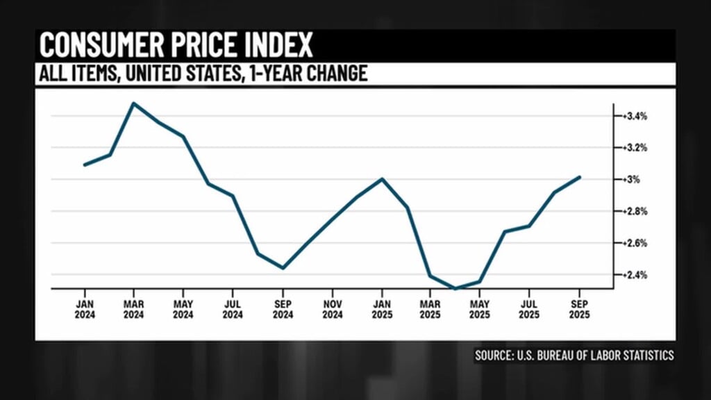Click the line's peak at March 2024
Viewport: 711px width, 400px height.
[133, 103]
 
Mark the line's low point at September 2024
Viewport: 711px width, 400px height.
[283, 268]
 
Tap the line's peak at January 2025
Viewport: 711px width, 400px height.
[382, 178]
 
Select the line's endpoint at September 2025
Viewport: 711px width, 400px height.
[580, 177]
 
